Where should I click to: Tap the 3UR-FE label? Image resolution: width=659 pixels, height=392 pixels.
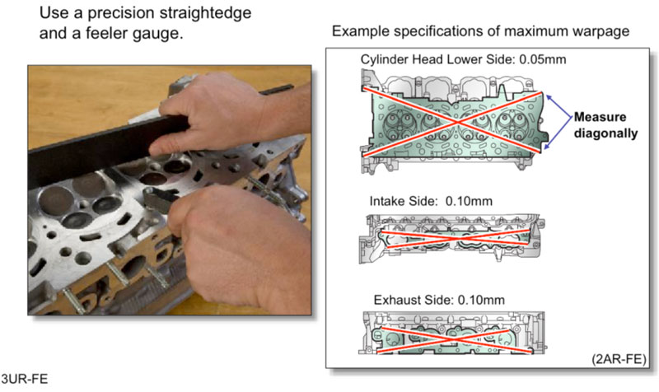[25, 379]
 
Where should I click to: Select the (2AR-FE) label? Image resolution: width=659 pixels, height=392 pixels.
[619, 359]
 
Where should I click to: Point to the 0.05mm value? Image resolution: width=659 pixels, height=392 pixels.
[543, 59]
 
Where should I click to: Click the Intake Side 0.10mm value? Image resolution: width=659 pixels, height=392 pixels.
[469, 201]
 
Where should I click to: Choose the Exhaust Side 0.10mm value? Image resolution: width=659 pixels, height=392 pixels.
[481, 300]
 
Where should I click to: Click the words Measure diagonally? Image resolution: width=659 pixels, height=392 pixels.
[605, 125]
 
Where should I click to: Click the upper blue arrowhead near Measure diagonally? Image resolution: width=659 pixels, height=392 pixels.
[549, 98]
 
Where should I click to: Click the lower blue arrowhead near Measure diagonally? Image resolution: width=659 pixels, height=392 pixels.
[546, 147]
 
